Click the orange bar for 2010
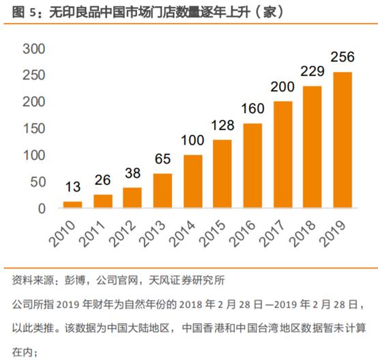[73, 204]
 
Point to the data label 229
[313, 72]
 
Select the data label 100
[192, 141]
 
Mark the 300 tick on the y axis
[33, 49]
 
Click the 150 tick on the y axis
[33, 129]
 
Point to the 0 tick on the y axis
[42, 208]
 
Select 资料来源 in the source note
[31, 280]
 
